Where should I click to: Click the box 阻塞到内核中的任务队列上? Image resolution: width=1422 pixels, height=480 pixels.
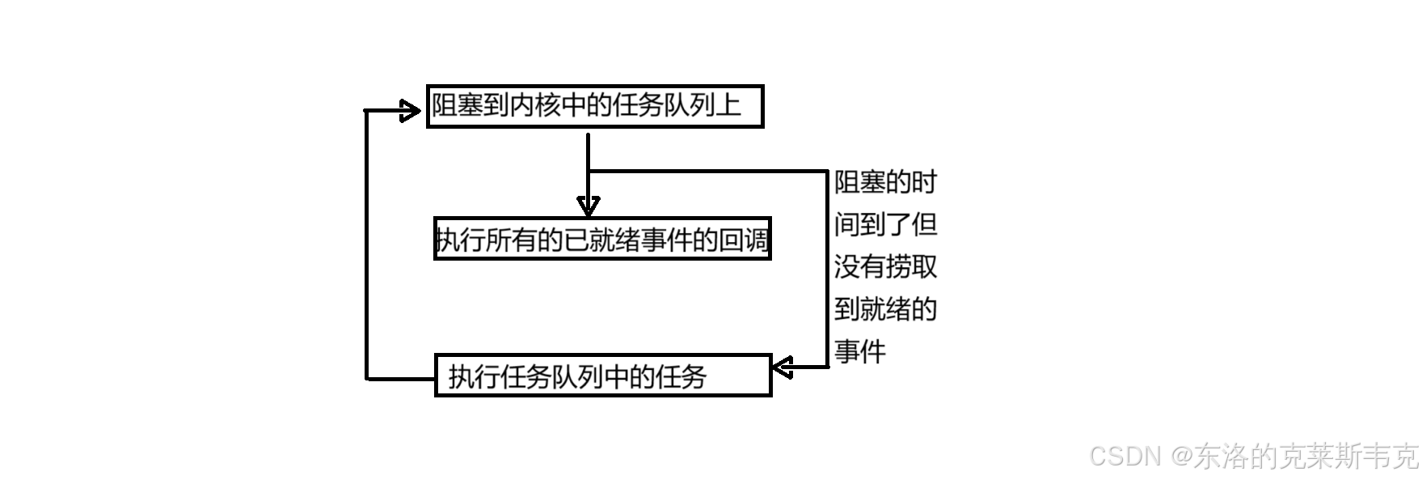pos(594,107)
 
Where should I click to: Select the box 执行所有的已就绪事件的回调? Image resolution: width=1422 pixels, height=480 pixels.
pos(602,239)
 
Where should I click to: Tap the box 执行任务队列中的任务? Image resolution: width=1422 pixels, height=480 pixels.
pos(602,376)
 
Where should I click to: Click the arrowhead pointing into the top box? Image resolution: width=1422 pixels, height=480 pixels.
pos(411,109)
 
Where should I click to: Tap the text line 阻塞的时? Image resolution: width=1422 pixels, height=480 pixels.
pos(885,182)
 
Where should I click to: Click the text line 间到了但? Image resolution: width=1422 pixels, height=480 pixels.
pos(885,224)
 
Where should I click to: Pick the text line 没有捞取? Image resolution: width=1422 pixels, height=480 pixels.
pos(885,266)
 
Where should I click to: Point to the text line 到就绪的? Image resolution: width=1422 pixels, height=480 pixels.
pos(885,308)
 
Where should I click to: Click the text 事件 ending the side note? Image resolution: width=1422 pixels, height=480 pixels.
pos(860,351)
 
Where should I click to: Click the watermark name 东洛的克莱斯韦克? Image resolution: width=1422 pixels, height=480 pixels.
pos(1306,457)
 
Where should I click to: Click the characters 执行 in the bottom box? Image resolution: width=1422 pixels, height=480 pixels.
pos(474,376)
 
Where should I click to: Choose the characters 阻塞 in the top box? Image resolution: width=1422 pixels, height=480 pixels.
pos(457,106)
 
